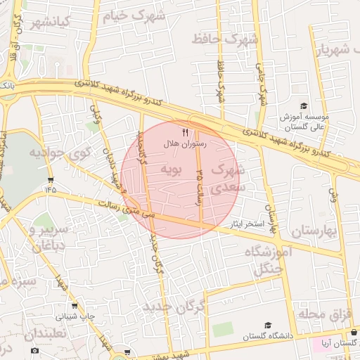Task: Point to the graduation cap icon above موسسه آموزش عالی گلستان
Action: click(x=304, y=105)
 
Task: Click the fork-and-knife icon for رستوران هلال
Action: click(x=186, y=131)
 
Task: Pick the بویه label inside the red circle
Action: click(x=172, y=169)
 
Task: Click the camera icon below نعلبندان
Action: click(x=35, y=350)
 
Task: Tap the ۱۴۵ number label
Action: click(x=51, y=189)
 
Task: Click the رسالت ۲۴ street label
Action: click(x=200, y=188)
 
